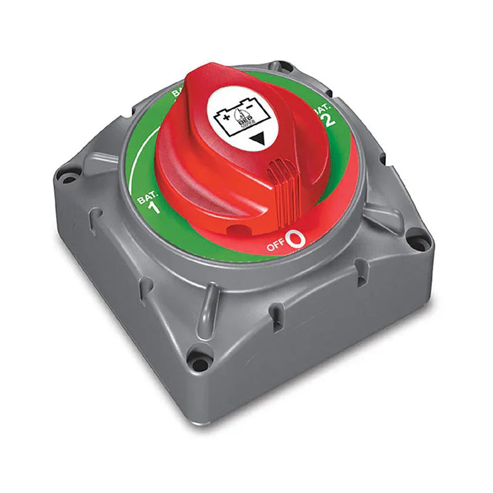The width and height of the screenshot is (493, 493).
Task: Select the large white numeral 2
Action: click(x=330, y=119)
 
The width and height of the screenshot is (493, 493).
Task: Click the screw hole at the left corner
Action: click(x=65, y=177)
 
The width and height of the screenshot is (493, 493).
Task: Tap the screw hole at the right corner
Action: click(x=419, y=236)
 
